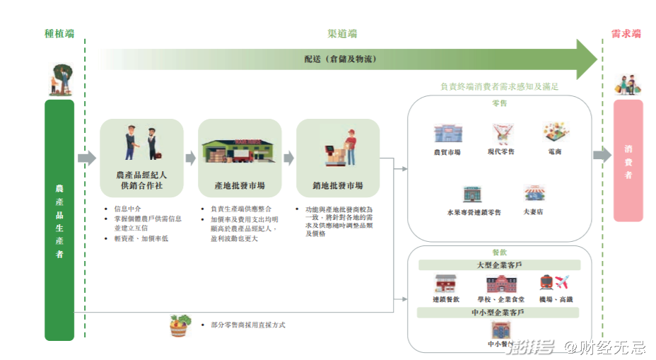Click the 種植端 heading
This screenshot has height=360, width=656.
pyautogui.click(x=59, y=33)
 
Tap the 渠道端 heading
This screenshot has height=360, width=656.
pyautogui.click(x=341, y=33)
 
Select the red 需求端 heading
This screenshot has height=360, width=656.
pyautogui.click(x=626, y=33)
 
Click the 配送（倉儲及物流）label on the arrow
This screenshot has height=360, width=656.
pyautogui.click(x=339, y=59)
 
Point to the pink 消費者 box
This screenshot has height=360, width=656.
pyautogui.click(x=628, y=161)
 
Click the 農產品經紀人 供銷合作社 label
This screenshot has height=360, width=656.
pyautogui.click(x=141, y=180)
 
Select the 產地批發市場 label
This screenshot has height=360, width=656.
pyautogui.click(x=240, y=185)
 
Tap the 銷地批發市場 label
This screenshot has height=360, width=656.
pyautogui.click(x=338, y=185)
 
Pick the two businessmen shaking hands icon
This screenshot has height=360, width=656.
pyautogui.click(x=141, y=144)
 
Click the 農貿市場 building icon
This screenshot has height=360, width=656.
pyautogui.click(x=447, y=134)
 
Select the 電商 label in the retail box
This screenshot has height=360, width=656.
pyautogui.click(x=554, y=151)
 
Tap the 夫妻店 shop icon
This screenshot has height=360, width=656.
pyautogui.click(x=534, y=194)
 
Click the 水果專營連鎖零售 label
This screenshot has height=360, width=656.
pyautogui.click(x=474, y=211)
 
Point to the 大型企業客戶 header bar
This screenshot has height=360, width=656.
pyautogui.click(x=499, y=265)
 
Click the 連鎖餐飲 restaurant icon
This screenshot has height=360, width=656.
pyautogui.click(x=445, y=284)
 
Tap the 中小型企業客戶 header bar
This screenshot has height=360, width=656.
pyautogui.click(x=499, y=312)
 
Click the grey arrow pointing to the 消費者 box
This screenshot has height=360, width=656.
pyautogui.click(x=602, y=156)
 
